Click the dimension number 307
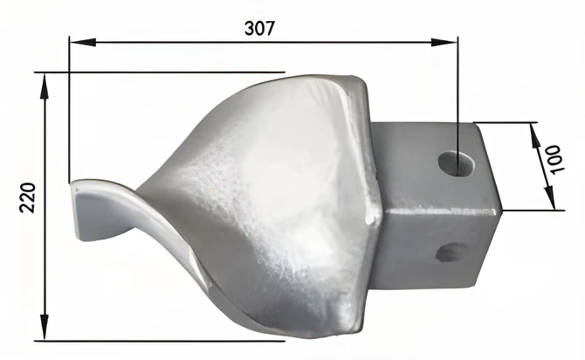259,28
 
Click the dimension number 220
27,198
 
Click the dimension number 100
555,160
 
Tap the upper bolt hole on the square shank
456,163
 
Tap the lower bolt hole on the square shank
452,252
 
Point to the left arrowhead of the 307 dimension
83,42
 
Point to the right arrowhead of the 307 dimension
444,42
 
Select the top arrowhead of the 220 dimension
45,87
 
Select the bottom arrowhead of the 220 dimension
45,327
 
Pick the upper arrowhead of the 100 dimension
536,136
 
